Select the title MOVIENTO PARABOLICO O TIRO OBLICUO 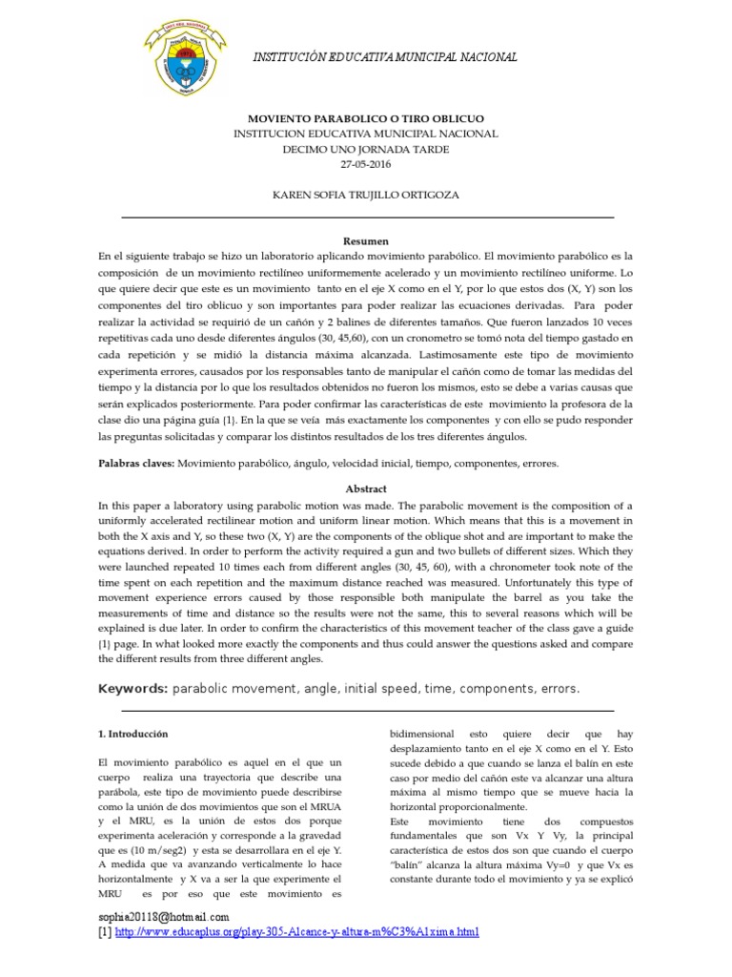366,120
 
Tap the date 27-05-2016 366,164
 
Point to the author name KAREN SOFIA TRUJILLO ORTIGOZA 366,195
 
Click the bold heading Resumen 366,242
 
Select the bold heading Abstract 366,488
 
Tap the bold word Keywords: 133,689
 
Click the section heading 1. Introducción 133,735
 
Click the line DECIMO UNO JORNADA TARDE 366,150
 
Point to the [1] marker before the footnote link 105,932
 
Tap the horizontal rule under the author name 366,218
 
